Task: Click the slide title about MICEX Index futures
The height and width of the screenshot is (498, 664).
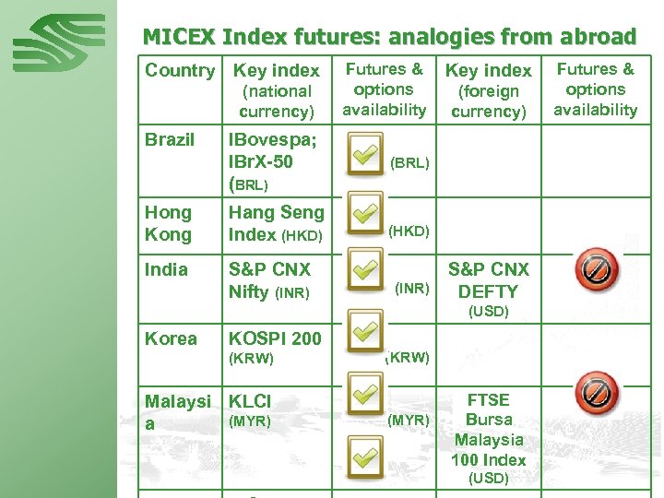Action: [x=389, y=37]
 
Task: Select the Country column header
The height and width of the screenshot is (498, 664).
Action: [x=179, y=71]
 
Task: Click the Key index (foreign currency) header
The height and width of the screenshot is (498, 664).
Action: [x=488, y=90]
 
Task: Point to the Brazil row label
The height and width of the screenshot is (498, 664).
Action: [x=169, y=140]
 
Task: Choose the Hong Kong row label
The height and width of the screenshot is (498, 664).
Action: [x=168, y=223]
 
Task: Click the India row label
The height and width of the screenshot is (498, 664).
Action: [x=166, y=269]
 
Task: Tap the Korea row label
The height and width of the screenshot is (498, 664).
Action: [x=171, y=338]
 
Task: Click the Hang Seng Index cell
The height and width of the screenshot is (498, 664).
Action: [x=276, y=223]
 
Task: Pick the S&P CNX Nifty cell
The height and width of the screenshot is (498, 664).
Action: [x=269, y=280]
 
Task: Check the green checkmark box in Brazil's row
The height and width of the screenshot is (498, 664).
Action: [x=364, y=153]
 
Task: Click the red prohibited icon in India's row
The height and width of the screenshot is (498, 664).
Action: [x=595, y=268]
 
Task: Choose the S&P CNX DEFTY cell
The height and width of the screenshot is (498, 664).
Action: [x=489, y=280]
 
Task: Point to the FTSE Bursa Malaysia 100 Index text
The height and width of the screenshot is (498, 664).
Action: [x=489, y=430]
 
